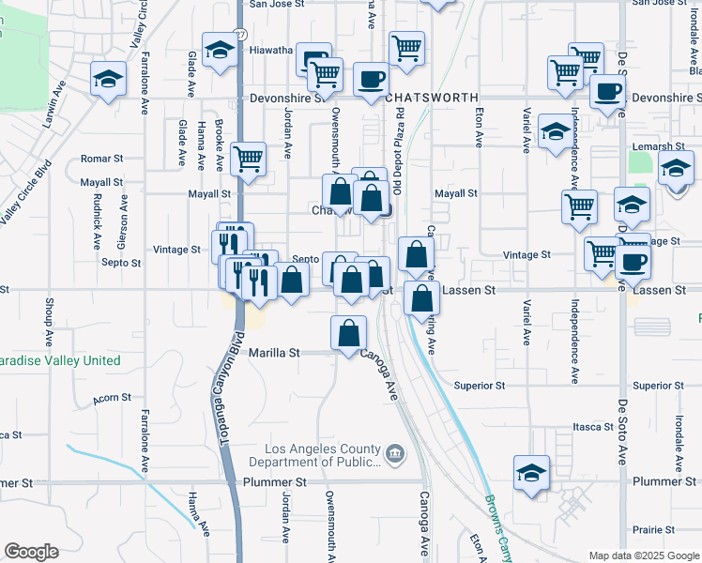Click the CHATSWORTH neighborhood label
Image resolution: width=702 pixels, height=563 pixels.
coord(431,98)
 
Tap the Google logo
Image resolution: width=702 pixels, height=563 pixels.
coord(31,552)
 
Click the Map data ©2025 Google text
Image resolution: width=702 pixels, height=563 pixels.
coord(644,555)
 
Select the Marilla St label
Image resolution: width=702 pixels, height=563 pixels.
coord(274,353)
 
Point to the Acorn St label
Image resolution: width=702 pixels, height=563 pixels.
coord(113,398)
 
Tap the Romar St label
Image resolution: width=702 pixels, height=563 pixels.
coord(102,159)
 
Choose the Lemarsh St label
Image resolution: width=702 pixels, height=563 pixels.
coord(658,146)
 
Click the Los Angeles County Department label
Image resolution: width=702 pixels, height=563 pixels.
coord(319,448)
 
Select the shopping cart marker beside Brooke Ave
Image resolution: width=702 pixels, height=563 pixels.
coord(248,160)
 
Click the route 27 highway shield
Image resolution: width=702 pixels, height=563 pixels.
coord(240,33)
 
